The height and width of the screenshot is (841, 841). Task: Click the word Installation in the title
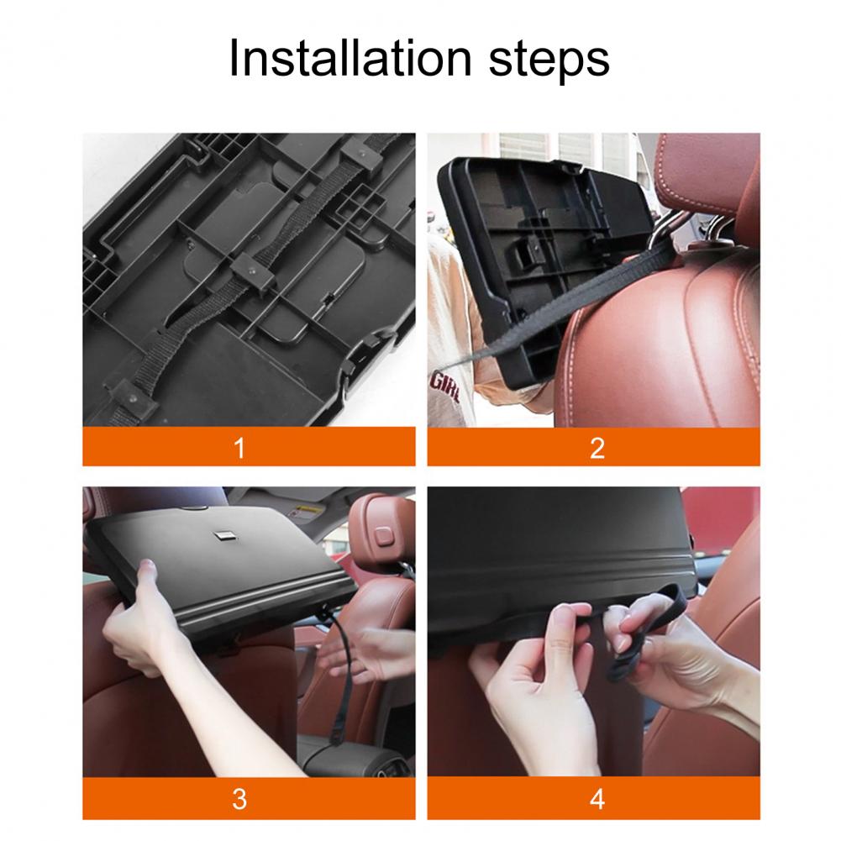tap(350, 57)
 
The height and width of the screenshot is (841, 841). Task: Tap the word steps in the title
tap(549, 61)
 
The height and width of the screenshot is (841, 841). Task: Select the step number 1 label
tap(239, 447)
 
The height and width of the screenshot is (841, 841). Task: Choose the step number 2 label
tap(597, 447)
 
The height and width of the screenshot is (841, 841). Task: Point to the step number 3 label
tap(239, 799)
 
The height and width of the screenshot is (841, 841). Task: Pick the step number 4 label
tap(597, 799)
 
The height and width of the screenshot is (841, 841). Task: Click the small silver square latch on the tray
tap(222, 535)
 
